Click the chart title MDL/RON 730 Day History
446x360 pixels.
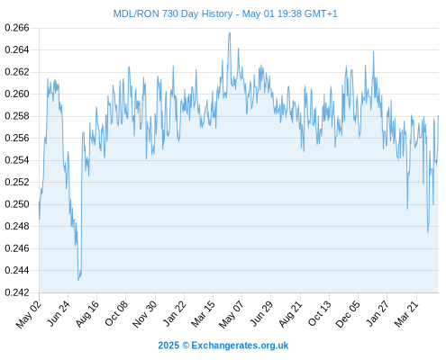pos(173,13)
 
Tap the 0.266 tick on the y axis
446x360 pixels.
pos(17,28)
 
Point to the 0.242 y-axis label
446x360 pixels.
pos(17,292)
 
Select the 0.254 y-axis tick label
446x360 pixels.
pos(17,160)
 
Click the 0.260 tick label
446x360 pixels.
pos(17,94)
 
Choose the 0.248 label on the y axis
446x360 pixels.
pos(17,226)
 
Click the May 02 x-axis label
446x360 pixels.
pos(29,314)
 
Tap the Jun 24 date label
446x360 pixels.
pos(59,313)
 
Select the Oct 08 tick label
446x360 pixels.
pos(116,313)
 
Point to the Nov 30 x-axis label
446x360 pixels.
pos(145,314)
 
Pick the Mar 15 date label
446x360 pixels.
pos(203,313)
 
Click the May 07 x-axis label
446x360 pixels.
pos(231,314)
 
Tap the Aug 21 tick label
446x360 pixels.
pos(290,313)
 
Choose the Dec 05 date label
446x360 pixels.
pos(348,314)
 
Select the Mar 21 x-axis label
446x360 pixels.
pos(406,313)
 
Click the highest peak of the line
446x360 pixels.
pos(230,33)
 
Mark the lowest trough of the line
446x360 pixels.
pos(78,280)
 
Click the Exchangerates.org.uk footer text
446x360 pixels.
pos(240,346)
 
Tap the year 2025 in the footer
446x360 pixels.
pos(168,346)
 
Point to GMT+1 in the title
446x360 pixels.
pos(321,13)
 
